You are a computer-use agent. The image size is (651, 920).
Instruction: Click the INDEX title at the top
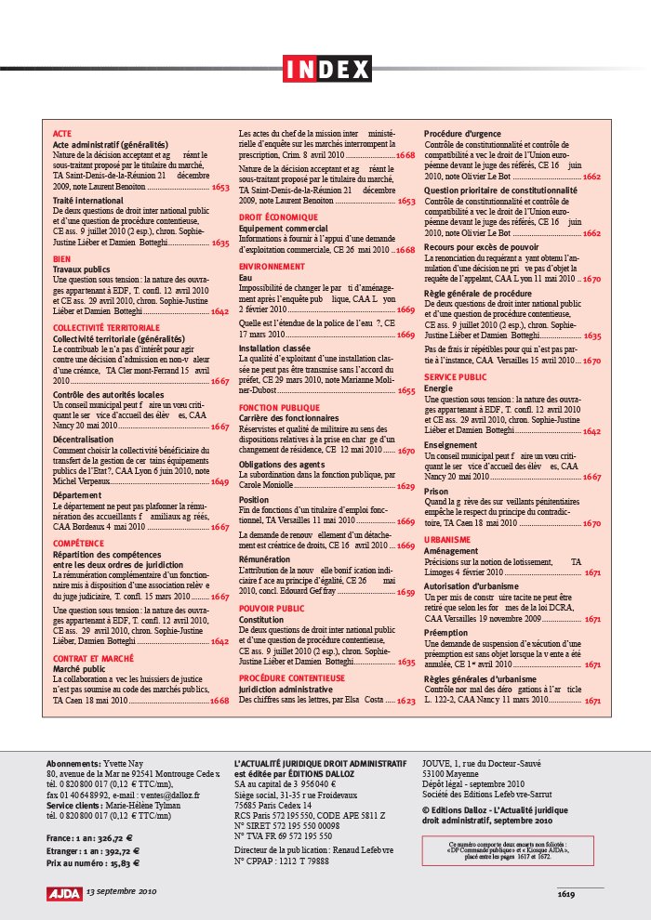coord(325,69)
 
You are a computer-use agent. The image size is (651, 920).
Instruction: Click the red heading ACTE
coord(62,134)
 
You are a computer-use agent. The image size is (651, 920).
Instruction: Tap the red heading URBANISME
coord(446,538)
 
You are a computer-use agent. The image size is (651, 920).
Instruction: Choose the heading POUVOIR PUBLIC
coord(272,608)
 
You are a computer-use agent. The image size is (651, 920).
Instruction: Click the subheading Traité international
coord(88,200)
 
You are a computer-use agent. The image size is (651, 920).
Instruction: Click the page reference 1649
coord(219,482)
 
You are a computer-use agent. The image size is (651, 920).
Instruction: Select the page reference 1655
coord(406,390)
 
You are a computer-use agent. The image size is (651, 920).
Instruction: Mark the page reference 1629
coord(406,486)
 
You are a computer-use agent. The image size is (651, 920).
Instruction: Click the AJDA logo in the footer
coord(64,892)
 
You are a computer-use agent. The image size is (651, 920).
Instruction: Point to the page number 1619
coord(567,894)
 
